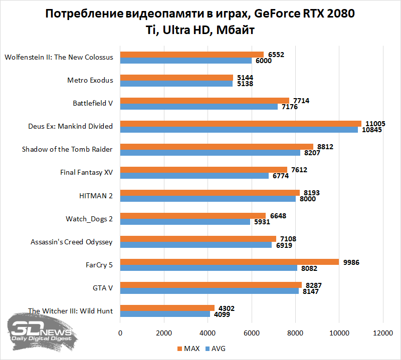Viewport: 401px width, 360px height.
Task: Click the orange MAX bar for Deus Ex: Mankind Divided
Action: (x=241, y=124)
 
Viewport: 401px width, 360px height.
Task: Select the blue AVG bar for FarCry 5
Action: (x=209, y=268)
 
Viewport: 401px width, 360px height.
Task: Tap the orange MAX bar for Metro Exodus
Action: (x=176, y=78)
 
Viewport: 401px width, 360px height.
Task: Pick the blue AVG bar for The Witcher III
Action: (x=165, y=314)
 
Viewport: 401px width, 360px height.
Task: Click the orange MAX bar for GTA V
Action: (x=211, y=285)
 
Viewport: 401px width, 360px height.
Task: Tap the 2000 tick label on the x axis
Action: (x=164, y=333)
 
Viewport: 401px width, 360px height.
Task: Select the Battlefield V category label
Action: (x=93, y=103)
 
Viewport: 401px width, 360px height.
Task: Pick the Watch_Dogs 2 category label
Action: (x=89, y=219)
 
